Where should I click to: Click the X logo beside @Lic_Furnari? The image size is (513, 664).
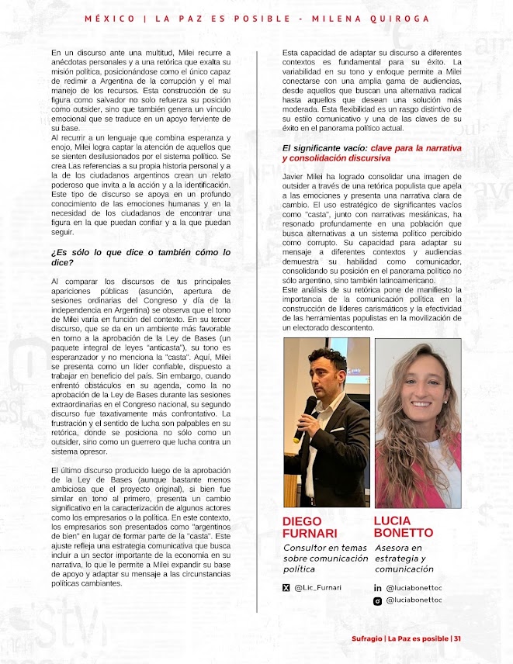coord(286,588)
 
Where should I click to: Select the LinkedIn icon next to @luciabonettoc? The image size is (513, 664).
coord(378,589)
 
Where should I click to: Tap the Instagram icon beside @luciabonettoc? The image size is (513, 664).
coord(378,600)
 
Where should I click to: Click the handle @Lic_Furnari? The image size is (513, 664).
coord(317,588)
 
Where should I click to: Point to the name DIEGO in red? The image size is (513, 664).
coord(302,521)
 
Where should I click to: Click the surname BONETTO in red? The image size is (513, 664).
coord(403,533)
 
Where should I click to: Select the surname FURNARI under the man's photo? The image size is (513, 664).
coord(310,534)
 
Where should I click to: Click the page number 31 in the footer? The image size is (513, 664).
coord(458,638)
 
